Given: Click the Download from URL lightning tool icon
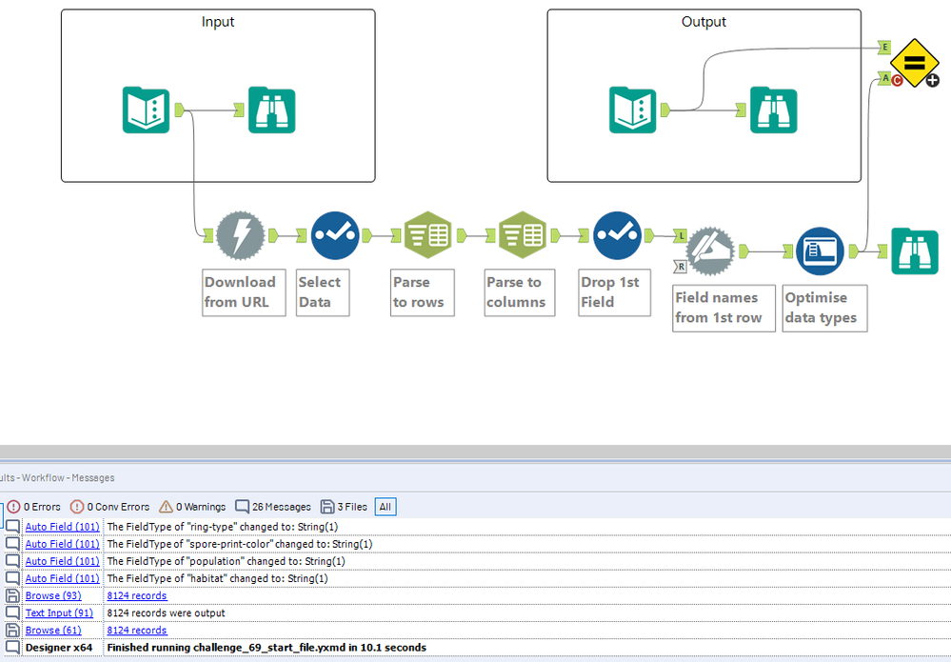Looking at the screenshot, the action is [240, 235].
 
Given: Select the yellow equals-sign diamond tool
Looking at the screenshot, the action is [915, 63].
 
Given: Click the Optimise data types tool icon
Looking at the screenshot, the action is [820, 251].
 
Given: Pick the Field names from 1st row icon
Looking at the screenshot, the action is [710, 251].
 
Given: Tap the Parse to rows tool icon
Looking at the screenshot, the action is [428, 235].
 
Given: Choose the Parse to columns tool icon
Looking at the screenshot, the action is [523, 235].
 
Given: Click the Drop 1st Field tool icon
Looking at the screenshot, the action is [618, 235].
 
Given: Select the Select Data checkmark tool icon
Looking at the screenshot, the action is [335, 235].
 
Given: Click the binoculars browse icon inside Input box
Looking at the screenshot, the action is [271, 110].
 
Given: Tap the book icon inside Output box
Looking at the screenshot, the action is [633, 110].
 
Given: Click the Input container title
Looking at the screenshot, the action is [218, 22].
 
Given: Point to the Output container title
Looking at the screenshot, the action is [703, 22].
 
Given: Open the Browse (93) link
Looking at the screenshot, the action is [53, 596].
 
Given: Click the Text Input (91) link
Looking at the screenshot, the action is [59, 612].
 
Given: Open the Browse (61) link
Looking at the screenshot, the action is [53, 631].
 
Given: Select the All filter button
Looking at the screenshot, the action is [386, 507].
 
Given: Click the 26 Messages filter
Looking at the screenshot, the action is [273, 507].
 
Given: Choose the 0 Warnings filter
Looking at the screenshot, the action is [192, 507].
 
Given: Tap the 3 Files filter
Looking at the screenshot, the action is [344, 507].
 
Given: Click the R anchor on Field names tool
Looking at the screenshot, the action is [681, 267].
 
